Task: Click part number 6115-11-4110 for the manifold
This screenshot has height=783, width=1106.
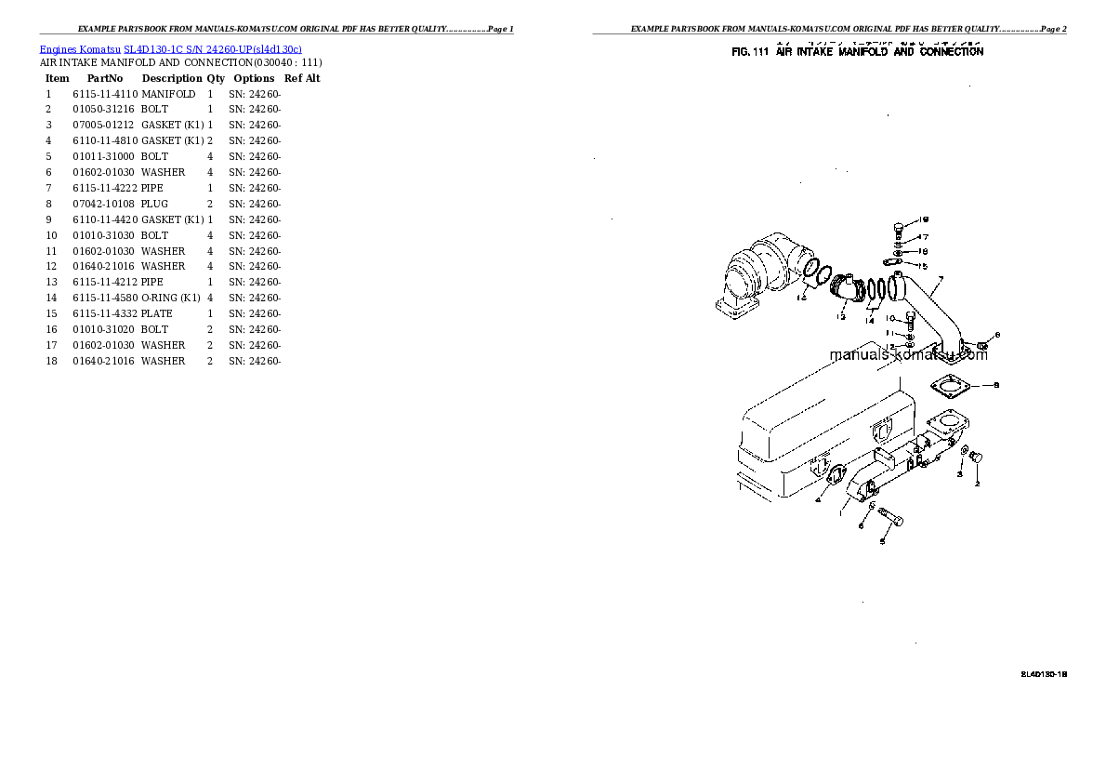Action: point(105,94)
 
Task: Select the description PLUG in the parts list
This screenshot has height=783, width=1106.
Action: point(154,204)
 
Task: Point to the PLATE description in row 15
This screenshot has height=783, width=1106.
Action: point(157,313)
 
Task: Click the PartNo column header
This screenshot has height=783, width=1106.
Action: point(105,79)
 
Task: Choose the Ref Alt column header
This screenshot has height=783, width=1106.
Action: point(302,79)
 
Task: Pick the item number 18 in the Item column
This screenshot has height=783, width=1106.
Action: point(51,361)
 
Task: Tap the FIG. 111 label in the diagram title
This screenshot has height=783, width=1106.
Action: point(750,53)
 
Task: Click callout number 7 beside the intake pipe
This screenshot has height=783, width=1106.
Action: point(940,279)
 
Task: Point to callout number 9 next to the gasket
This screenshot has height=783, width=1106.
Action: point(996,385)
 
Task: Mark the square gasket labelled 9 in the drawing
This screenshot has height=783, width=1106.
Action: point(949,385)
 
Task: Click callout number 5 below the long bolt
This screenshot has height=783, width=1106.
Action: point(882,541)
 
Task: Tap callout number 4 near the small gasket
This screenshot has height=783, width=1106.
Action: point(817,499)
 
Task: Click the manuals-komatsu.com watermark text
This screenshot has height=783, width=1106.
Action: point(908,354)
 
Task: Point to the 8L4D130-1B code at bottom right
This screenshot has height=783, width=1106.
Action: point(1043,673)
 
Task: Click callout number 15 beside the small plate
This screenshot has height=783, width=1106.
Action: point(923,266)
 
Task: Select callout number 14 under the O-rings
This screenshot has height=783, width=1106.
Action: point(870,321)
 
